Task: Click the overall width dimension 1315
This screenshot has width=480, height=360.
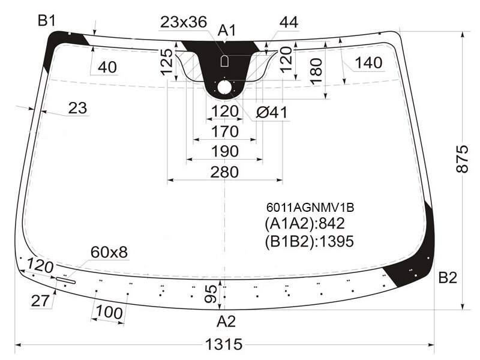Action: coord(224,344)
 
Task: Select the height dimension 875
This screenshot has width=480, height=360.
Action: coord(462,159)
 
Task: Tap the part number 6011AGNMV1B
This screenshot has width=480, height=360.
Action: coord(310,208)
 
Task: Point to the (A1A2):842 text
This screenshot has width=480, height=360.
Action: coord(305,224)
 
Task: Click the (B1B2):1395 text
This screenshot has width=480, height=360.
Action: coord(309,242)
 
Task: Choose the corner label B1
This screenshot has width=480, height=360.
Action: coord(47,21)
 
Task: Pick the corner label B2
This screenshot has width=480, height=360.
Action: coord(448,278)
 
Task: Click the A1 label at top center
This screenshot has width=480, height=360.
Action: coord(227,31)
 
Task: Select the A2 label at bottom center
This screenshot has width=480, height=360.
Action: coord(226,322)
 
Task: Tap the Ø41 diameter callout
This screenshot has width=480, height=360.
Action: coord(272,113)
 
